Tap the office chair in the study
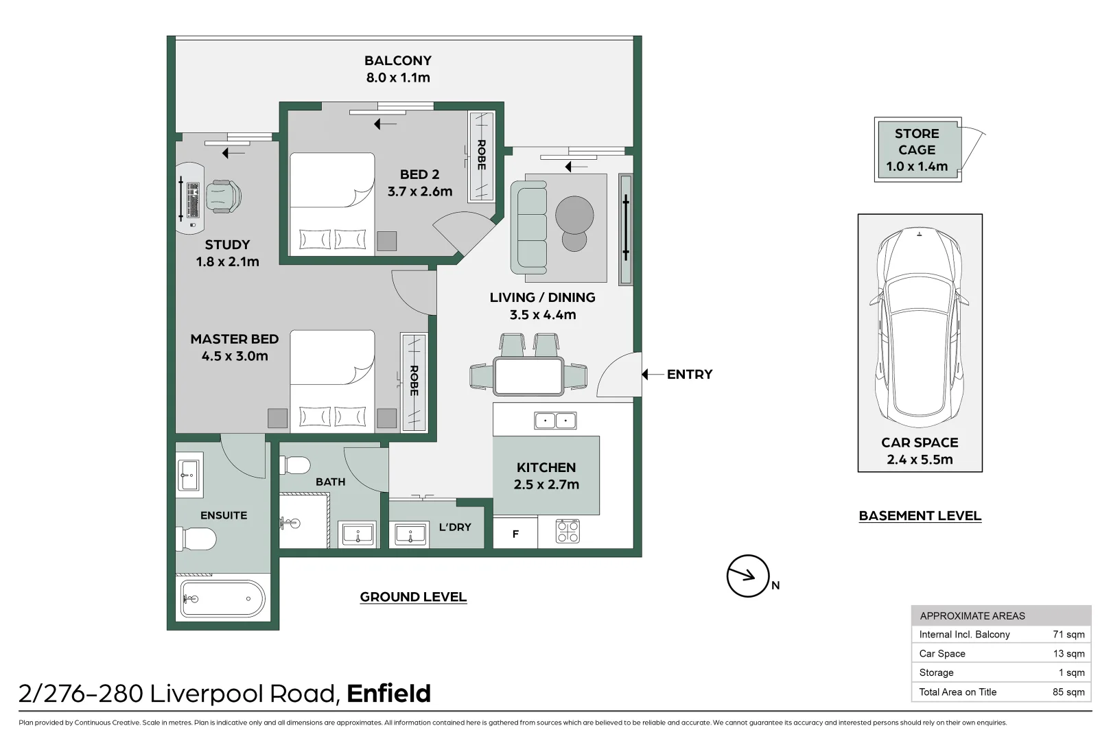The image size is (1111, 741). coord(224,196)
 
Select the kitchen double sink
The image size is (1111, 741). coord(555,420)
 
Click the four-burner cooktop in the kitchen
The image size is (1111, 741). coord(568,531)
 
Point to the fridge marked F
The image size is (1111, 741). coord(515,534)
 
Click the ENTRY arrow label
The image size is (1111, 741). coord(689,374)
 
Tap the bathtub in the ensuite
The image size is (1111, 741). coord(222,599)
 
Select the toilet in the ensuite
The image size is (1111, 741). coord(196,539)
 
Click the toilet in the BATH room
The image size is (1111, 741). coord(295,465)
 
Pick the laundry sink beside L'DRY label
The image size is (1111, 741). coord(410,534)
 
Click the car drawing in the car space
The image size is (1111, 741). coord(920,322)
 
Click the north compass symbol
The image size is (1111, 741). coord(747,576)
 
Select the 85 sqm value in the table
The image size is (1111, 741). coord(1068,692)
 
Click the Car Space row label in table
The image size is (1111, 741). coord(942,653)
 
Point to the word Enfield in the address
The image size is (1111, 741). coord(388,694)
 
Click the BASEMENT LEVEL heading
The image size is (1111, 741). coord(920,515)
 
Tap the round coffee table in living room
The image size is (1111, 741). coord(574,215)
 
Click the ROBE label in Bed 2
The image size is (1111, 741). coord(481,155)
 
